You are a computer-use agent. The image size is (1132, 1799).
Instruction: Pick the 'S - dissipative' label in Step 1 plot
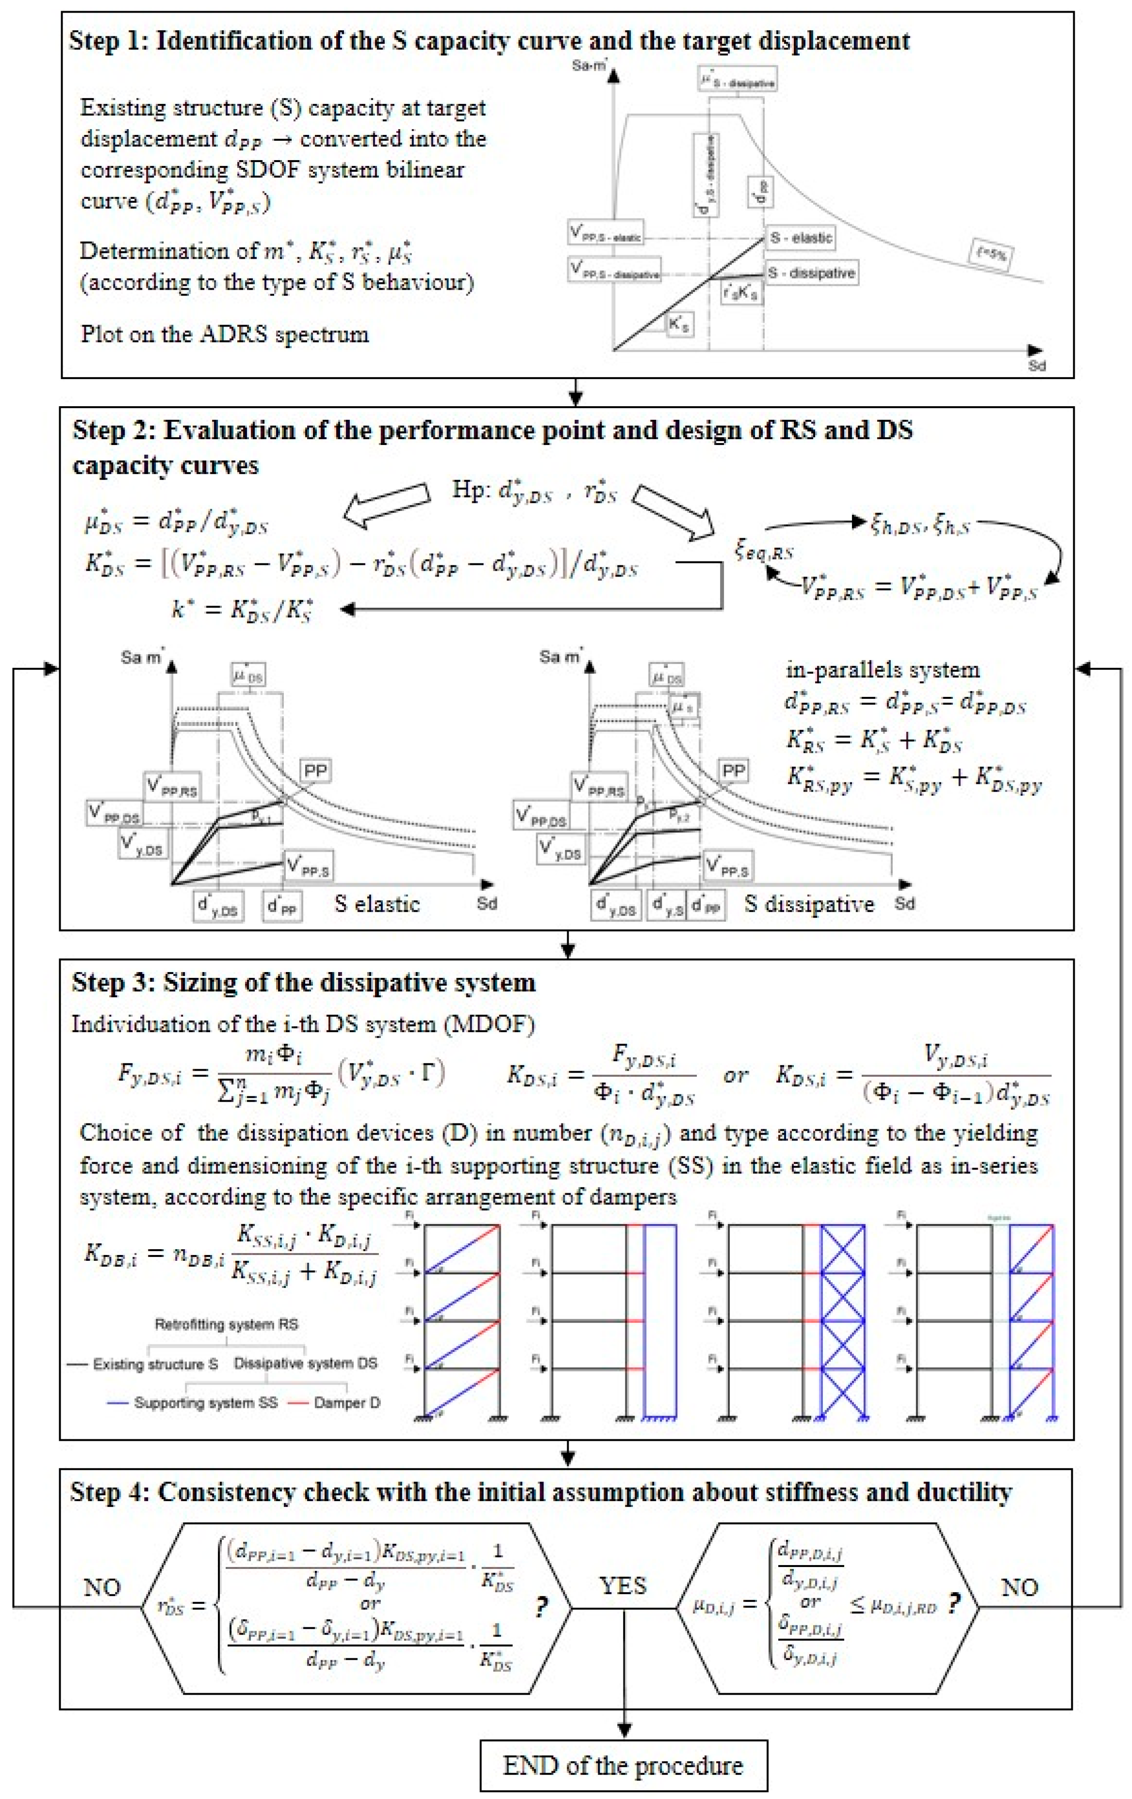point(811,273)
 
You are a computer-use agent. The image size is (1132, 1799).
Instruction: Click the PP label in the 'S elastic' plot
point(314,770)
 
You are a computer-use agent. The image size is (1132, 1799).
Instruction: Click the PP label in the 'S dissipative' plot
point(733,770)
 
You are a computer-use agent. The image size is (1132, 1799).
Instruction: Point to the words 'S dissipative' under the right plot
point(808,904)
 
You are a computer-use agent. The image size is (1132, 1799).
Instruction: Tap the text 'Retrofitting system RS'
point(226,1324)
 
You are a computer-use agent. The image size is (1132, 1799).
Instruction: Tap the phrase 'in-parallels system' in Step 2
point(882,669)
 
